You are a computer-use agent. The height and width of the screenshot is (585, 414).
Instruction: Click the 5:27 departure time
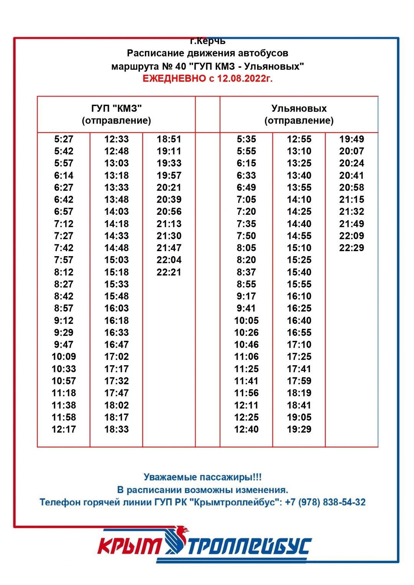[64, 139]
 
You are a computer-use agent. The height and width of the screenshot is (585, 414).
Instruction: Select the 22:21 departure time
[169, 272]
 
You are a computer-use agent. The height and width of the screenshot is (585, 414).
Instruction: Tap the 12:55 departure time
[299, 139]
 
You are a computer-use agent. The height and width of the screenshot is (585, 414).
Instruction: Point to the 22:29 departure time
[352, 248]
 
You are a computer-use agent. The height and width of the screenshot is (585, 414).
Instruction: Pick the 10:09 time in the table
[64, 356]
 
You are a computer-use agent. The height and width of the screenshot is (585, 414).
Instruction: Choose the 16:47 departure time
[117, 345]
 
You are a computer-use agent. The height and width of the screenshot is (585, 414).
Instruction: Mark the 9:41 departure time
[246, 308]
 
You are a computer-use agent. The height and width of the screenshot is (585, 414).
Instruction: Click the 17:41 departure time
[299, 369]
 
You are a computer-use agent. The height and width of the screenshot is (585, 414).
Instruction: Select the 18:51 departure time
[169, 139]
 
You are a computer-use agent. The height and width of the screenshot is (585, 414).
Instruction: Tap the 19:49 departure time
[352, 139]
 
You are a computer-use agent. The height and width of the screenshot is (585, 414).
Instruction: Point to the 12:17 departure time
[64, 429]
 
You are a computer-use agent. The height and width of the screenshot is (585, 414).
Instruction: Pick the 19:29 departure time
[299, 429]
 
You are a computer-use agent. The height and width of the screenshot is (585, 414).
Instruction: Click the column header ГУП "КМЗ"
[117, 109]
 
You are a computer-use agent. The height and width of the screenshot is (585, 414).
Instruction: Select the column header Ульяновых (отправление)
[299, 114]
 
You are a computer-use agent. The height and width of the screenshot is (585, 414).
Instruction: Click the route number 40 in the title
[181, 66]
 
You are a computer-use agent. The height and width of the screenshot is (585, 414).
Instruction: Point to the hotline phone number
[325, 502]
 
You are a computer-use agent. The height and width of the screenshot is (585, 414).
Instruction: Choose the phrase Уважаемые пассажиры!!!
[202, 477]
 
